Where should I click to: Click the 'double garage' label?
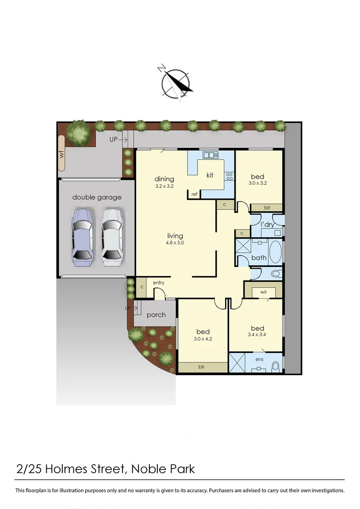tap(97, 197)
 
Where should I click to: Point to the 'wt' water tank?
tap(61, 153)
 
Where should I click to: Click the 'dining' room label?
tap(164, 179)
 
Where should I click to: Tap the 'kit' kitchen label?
tap(210, 175)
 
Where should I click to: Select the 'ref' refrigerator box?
tap(194, 194)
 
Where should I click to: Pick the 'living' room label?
tap(175, 236)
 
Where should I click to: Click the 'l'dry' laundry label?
tap(267, 225)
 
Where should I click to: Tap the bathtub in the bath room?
tap(275, 252)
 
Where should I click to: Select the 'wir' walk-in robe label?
tap(263, 292)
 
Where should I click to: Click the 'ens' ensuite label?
tap(259, 360)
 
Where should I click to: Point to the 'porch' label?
tap(156, 314)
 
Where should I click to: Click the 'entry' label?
tap(158, 282)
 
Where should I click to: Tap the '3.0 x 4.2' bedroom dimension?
tap(203, 339)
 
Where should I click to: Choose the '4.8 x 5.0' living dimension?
tap(175, 243)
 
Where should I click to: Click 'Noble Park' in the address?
tap(163, 469)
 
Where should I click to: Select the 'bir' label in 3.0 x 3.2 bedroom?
tap(266, 207)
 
